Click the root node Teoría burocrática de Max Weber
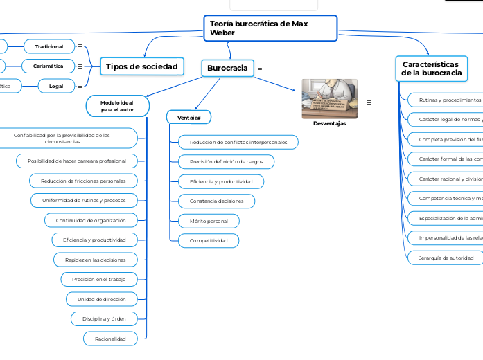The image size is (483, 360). click(x=270, y=28)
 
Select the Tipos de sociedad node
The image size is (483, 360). click(x=141, y=66)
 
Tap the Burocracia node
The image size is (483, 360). click(x=227, y=68)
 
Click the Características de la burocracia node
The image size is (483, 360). click(x=432, y=68)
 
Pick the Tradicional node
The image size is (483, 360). click(x=49, y=46)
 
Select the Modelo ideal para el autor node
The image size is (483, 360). click(x=117, y=106)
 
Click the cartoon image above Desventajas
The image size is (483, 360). click(x=329, y=98)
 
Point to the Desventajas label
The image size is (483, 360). click(x=329, y=124)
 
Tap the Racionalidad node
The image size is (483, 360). click(x=110, y=339)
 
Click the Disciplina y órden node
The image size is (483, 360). click(x=104, y=319)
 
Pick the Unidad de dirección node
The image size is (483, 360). click(x=102, y=299)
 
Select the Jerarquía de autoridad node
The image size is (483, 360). click(x=441, y=258)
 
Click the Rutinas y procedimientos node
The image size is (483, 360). click(x=444, y=100)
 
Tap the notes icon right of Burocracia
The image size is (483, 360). click(x=259, y=68)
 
